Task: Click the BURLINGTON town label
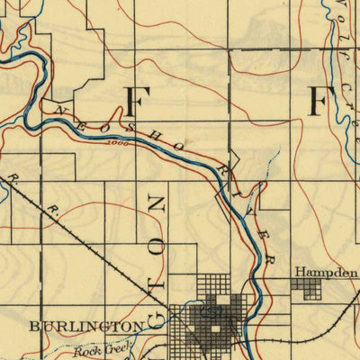coord(85,324)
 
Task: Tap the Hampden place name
coord(320,270)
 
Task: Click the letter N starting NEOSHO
coord(61,110)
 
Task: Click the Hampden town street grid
coord(307,288)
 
